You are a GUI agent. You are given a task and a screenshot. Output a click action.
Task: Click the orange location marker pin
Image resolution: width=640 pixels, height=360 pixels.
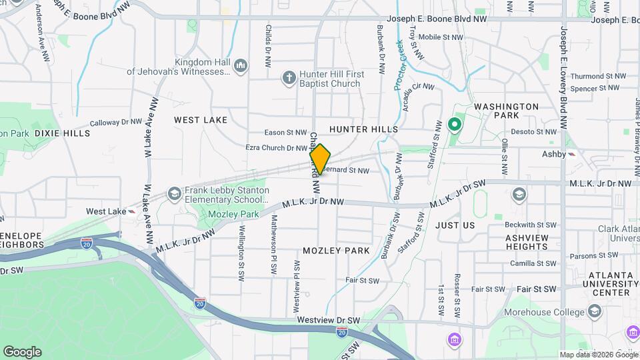pyautogui.click(x=320, y=159)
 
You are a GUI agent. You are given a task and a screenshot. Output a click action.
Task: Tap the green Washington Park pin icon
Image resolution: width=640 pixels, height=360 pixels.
pyautogui.click(x=455, y=124)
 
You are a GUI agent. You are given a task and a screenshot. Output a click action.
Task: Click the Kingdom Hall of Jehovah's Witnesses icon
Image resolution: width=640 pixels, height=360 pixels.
pyautogui.click(x=241, y=66)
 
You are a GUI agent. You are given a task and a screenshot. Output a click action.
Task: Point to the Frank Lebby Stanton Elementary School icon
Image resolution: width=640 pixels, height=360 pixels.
pyautogui.click(x=174, y=194)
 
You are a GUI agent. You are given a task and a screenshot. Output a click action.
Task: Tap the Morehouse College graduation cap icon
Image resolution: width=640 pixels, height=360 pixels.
pyautogui.click(x=594, y=312)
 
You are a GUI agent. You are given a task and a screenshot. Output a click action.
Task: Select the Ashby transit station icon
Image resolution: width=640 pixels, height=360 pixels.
pyautogui.click(x=572, y=153)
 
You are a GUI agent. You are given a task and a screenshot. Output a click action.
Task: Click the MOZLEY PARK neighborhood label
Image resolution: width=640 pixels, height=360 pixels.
pyautogui.click(x=336, y=251)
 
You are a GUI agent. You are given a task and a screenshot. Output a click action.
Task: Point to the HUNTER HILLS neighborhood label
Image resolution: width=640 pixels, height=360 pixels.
pyautogui.click(x=363, y=129)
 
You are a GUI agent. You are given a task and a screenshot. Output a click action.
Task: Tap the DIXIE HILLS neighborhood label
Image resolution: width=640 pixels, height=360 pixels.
pyautogui.click(x=62, y=133)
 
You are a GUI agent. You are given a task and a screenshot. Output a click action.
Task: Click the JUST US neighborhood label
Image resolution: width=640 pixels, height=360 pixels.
pyautogui.click(x=455, y=225)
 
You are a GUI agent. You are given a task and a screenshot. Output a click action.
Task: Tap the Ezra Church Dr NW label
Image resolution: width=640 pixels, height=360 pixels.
pyautogui.click(x=276, y=148)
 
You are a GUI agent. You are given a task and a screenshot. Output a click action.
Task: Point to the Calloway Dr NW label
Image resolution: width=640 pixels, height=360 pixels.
pyautogui.click(x=116, y=123)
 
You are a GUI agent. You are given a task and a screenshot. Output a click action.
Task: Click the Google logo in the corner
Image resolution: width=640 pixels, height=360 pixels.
pyautogui.click(x=22, y=352)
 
